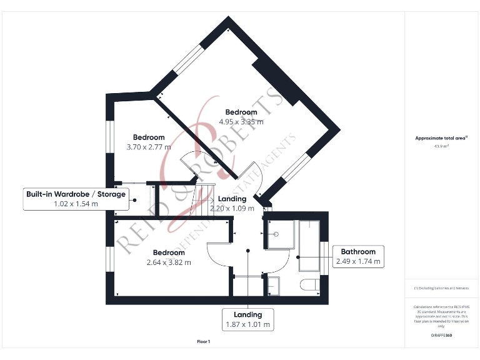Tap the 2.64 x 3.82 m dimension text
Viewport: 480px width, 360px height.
point(168,262)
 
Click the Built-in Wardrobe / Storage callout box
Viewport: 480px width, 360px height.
point(76,199)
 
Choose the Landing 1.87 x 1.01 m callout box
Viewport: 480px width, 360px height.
point(248,319)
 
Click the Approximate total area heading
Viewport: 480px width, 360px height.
point(441,138)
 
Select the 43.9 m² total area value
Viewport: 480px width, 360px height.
point(441,146)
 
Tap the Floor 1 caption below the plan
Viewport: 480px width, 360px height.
point(204,342)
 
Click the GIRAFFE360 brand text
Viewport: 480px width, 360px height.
point(441,336)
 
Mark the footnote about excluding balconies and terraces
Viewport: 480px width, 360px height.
point(441,288)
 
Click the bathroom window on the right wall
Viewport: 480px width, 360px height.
point(324,256)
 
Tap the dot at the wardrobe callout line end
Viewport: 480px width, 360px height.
point(134,199)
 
